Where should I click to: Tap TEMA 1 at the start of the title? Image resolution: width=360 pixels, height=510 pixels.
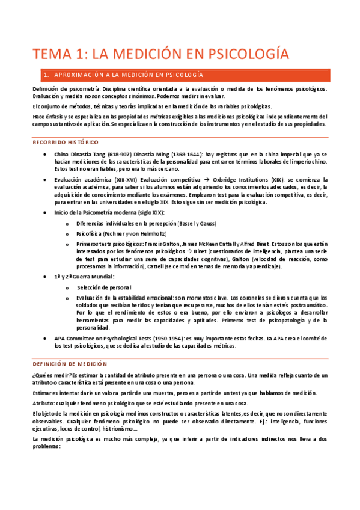[x=59, y=55]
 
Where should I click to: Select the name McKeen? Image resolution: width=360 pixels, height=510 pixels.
[x=195, y=243]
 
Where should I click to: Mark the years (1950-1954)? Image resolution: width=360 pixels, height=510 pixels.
[x=178, y=339]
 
